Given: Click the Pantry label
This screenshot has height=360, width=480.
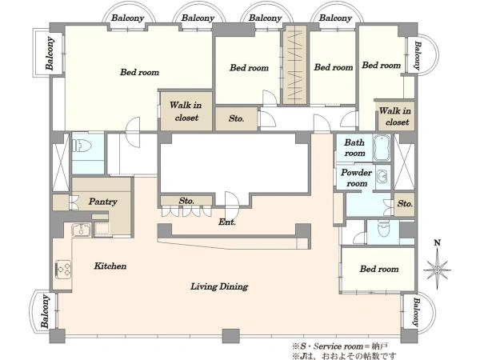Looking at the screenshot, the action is [103, 202].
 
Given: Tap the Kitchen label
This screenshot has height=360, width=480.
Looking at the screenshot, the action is [110, 266].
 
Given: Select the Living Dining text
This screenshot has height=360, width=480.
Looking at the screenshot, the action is [219, 286].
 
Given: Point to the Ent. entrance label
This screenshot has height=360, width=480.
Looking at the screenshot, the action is [227, 222].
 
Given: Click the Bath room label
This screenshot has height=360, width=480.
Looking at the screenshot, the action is [354, 147].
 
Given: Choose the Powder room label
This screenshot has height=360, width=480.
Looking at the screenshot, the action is [356, 178].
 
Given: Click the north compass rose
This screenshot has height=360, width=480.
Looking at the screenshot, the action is [437, 266].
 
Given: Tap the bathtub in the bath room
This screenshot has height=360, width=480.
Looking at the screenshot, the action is [382, 147].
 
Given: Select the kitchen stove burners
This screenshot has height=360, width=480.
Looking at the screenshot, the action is [63, 269].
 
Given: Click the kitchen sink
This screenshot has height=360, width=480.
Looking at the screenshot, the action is [81, 230].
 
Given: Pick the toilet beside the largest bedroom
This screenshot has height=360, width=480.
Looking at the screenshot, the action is [82, 145].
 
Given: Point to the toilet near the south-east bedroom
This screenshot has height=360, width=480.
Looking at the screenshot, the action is [383, 228].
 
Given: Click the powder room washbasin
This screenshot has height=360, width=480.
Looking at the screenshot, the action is [382, 178].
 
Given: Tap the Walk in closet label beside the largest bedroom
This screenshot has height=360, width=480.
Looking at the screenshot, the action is [186, 111].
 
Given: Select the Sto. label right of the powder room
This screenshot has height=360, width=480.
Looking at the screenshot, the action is [405, 203].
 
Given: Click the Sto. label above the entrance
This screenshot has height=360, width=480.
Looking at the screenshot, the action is [186, 201].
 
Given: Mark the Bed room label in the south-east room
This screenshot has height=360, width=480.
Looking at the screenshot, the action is [379, 269].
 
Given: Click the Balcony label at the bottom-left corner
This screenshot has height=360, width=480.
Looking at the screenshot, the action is [46, 311].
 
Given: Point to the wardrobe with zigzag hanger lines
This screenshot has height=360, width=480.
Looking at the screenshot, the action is [294, 65].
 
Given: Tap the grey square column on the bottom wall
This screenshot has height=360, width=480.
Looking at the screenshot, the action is [231, 336].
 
